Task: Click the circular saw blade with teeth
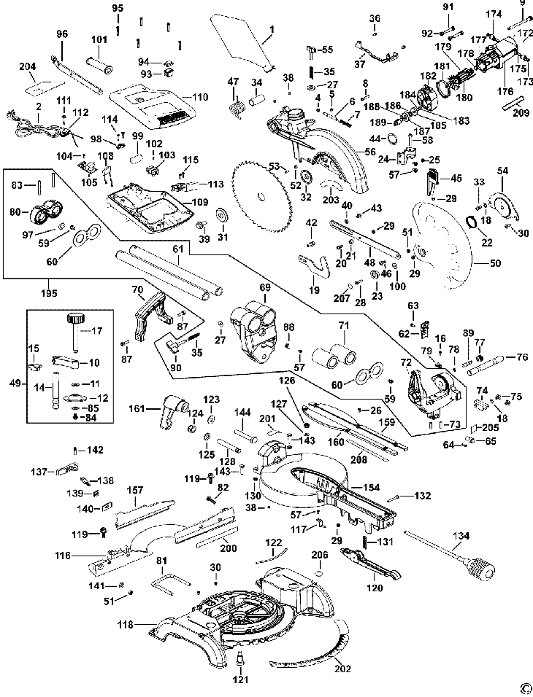263,195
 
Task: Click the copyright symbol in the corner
523,686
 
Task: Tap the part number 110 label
200,97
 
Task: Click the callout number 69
264,287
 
